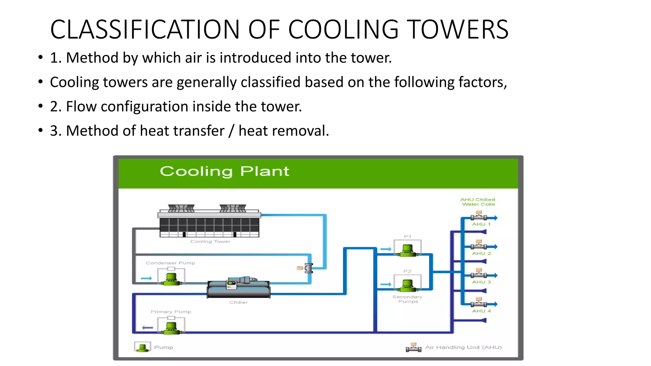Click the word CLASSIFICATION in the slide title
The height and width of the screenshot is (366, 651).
[x=145, y=30]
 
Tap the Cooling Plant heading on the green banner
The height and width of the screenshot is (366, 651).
[x=224, y=171]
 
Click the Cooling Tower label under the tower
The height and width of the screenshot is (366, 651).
[x=210, y=241]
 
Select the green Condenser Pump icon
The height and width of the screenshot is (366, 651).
[x=171, y=279]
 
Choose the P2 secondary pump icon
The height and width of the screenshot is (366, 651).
[x=408, y=285]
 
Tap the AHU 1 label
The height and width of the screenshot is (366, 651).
[x=481, y=224]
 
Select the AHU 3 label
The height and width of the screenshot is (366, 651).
[x=481, y=282]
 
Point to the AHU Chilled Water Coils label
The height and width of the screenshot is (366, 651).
[x=478, y=202]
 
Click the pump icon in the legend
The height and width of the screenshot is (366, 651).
[x=142, y=347]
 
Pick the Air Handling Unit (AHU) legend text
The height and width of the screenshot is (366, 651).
[x=463, y=347]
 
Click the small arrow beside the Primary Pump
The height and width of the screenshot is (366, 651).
[x=147, y=328]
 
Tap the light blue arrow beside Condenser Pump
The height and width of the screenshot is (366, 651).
[x=147, y=278]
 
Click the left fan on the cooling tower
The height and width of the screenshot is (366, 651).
[x=181, y=208]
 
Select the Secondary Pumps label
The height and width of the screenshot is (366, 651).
[x=408, y=299]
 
